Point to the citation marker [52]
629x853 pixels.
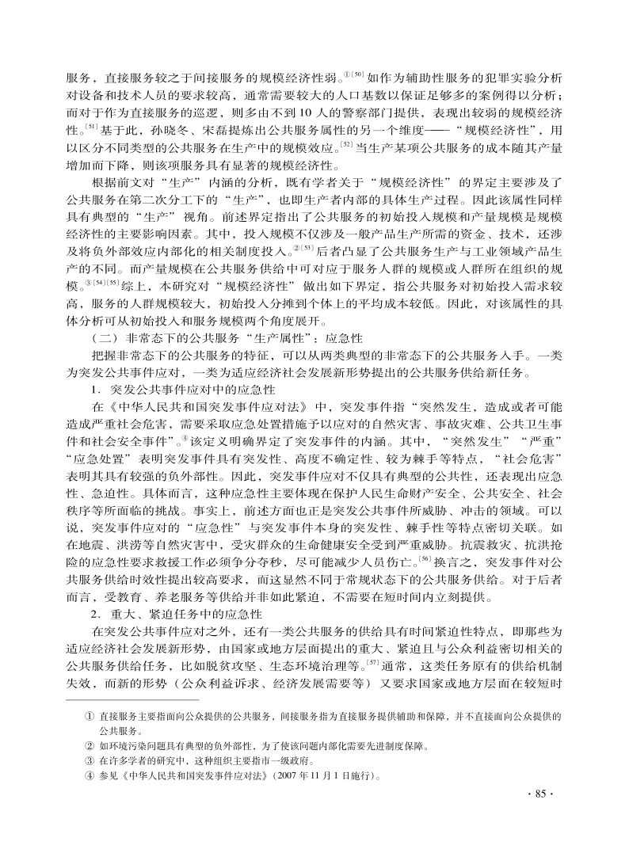pyautogui.click(x=346, y=143)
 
